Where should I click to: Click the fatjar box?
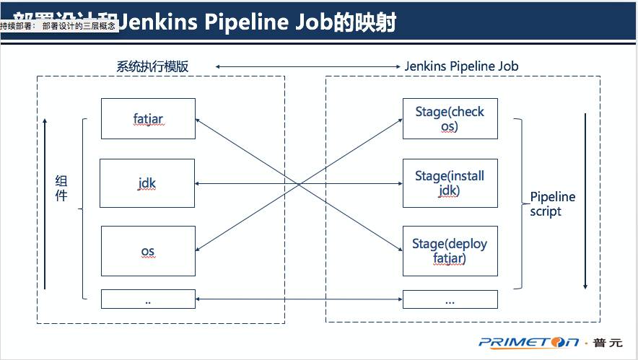coord(148,118)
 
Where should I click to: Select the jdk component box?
coord(148,184)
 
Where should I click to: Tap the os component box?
coord(148,251)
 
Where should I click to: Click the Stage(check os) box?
coord(450,118)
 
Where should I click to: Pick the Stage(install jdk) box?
coord(450,184)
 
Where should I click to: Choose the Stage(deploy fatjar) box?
coord(450,251)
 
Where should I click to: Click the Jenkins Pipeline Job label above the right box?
coord(461,66)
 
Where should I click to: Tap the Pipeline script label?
coord(552,204)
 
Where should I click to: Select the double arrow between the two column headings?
coord(307,66)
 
